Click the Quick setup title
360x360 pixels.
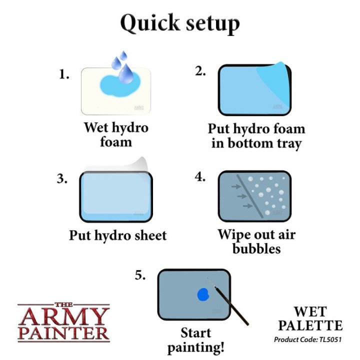(x=180, y=23)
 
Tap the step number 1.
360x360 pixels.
(x=63, y=75)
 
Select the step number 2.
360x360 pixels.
(x=200, y=71)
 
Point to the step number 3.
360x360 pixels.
(x=62, y=179)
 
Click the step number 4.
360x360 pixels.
(x=200, y=177)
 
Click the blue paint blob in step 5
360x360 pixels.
(x=202, y=294)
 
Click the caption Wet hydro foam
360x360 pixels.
(x=116, y=134)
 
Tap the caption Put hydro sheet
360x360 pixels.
(x=118, y=235)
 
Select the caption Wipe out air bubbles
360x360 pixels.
(x=256, y=241)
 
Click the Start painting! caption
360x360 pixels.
(x=195, y=340)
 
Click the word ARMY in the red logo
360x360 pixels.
(x=63, y=316)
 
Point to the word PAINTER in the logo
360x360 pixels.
(x=63, y=333)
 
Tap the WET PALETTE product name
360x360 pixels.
(x=310, y=318)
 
